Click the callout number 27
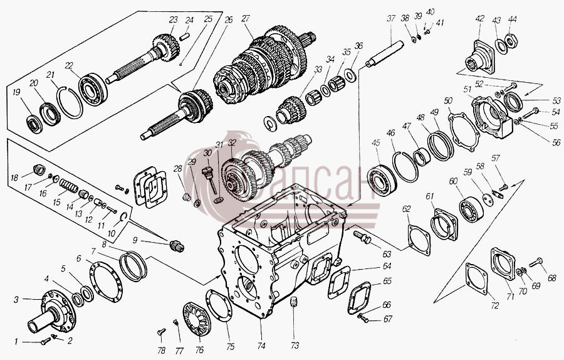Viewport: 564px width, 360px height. [246, 19]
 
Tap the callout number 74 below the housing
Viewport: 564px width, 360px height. [261, 346]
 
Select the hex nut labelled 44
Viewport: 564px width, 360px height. [511, 40]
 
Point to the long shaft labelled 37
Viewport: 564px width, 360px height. [385, 55]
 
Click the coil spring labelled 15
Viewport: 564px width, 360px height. [69, 186]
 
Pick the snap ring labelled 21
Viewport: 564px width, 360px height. [70, 102]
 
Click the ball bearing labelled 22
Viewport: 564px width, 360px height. [93, 90]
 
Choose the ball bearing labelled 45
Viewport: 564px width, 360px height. [382, 181]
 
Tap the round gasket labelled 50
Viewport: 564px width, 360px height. [464, 132]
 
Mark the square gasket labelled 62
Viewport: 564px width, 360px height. [419, 240]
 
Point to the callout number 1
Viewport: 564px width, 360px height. [16, 342]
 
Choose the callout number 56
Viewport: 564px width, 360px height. [556, 143]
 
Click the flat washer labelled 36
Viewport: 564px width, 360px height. [350, 75]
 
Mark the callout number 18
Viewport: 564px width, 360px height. [14, 177]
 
